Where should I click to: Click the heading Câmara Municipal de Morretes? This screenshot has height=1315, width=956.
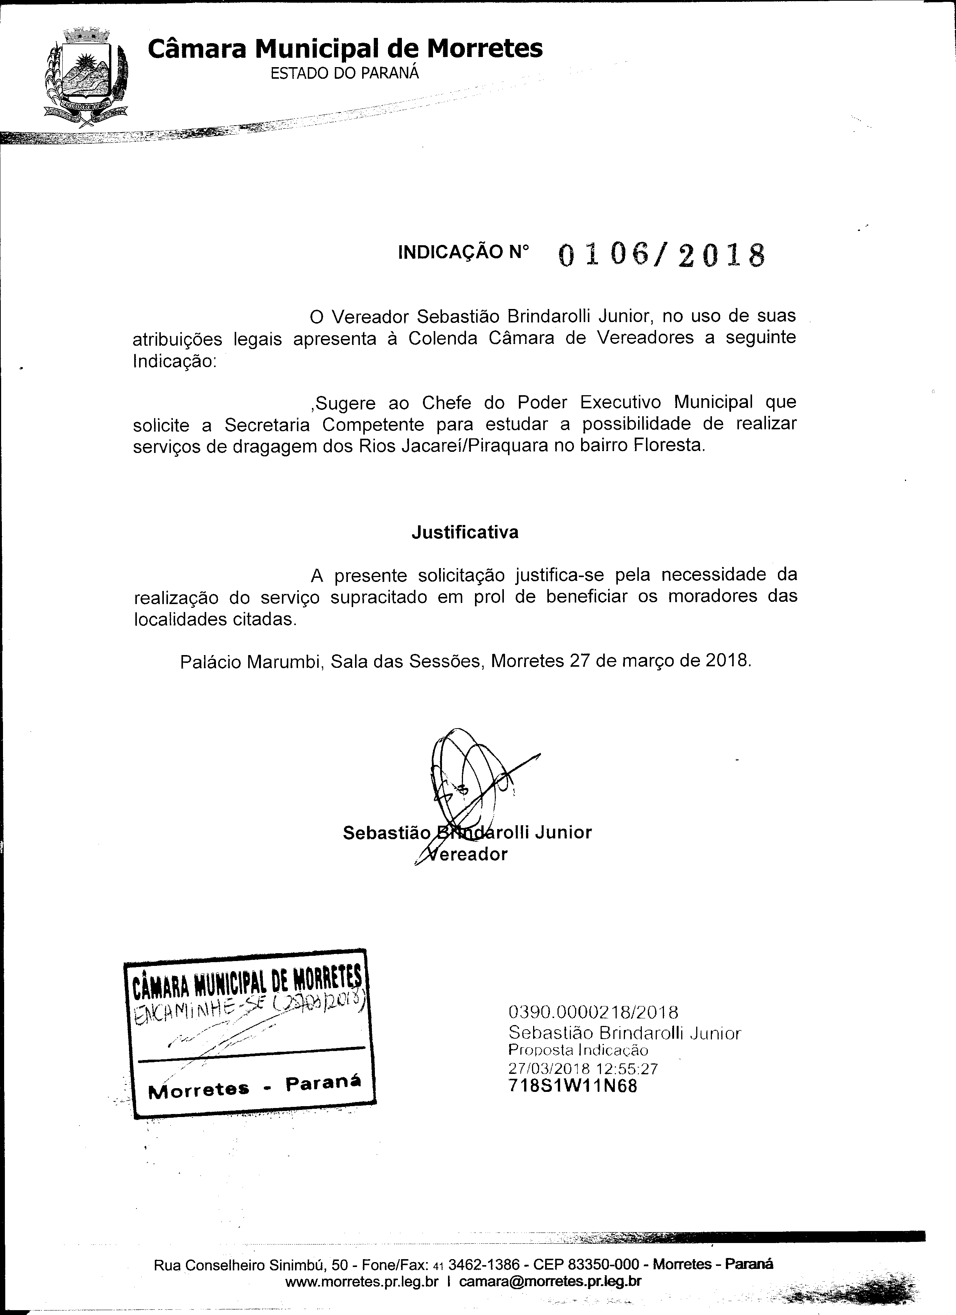pos(345,49)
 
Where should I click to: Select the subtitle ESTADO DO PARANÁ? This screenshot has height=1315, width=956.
pos(345,73)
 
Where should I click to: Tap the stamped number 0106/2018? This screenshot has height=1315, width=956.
pos(661,254)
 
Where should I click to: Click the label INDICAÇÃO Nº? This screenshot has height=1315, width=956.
pos(463,252)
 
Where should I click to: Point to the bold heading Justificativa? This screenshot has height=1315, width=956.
pos(465,532)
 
